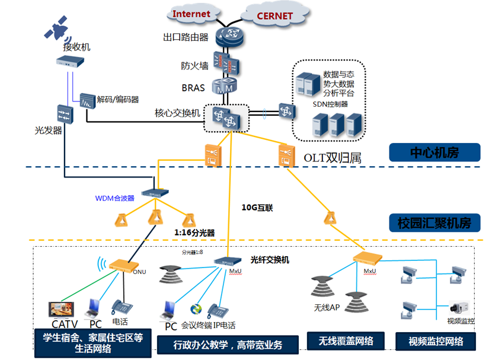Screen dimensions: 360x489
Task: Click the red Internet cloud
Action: (x=191, y=13)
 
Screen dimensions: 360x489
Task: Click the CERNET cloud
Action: (x=274, y=15)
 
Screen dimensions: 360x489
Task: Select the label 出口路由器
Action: (x=186, y=37)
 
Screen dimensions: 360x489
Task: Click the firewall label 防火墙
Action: (x=194, y=66)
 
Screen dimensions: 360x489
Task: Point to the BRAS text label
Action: (x=193, y=88)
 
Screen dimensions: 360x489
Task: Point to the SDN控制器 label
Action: (x=330, y=104)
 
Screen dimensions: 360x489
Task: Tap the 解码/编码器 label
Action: (x=118, y=99)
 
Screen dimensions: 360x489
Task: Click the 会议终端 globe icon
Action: (x=196, y=309)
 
